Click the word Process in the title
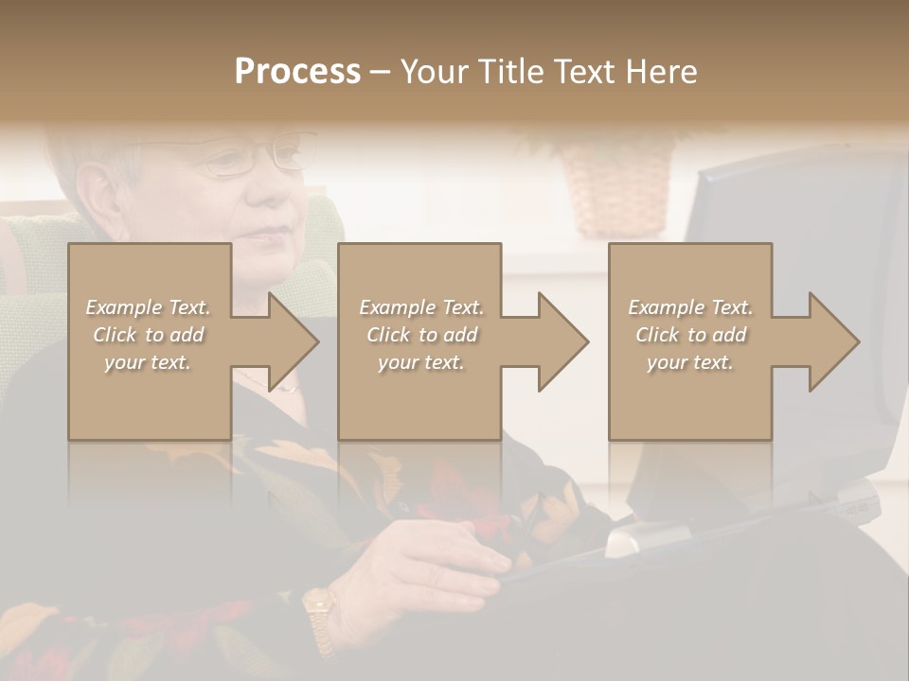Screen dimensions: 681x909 [297, 72]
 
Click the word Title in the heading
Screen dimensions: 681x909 [509, 72]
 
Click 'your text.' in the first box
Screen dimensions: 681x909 [148, 362]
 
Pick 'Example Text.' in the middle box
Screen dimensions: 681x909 [421, 307]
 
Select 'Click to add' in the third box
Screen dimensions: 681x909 [691, 335]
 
